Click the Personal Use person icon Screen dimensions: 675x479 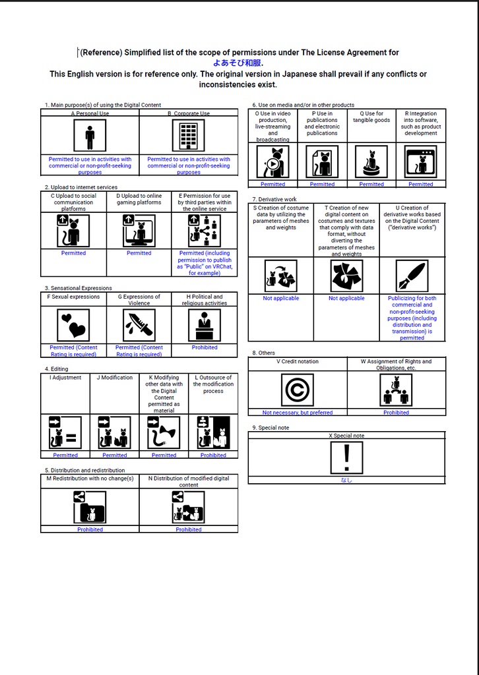coord(90,136)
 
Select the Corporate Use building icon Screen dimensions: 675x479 coord(189,136)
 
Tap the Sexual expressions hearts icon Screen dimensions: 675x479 coord(73,325)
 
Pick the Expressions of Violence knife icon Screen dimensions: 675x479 coord(139,325)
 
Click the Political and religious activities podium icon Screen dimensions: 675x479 coord(205,325)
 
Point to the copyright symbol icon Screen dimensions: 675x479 coord(297,390)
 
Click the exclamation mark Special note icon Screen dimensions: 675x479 coord(346,457)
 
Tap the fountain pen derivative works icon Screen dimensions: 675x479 coord(412,276)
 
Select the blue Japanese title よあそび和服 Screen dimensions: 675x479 coord(238,63)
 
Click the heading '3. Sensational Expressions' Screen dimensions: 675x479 coord(79,288)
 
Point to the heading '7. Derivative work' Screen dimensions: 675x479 coord(274,199)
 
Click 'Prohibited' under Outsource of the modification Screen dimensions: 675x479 coord(213,455)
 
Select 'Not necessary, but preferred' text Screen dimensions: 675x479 coord(297,413)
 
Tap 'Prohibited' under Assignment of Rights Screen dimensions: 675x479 coord(396,413)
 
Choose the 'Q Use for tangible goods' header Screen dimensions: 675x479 coord(371,117)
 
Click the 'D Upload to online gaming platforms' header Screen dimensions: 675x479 coord(139,199)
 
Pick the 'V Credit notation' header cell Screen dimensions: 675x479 coord(297,361)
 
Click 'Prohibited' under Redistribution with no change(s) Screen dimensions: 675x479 coord(90,529)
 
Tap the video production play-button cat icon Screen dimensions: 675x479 coord(272,161)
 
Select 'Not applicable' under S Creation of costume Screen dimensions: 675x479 coord(280,298)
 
